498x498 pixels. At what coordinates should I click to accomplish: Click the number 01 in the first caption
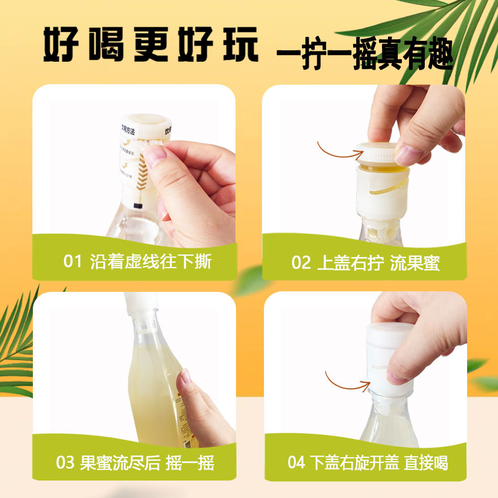[72, 261]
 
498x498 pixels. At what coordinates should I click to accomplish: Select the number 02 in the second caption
[301, 262]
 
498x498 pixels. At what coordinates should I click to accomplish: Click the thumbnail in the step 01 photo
[155, 156]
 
